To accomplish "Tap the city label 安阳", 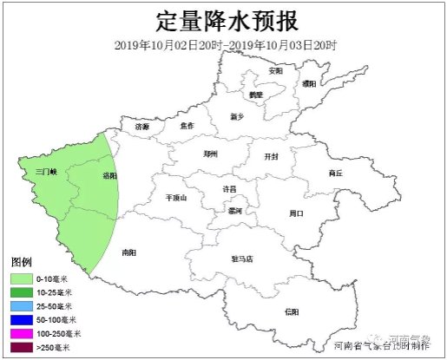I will [x=276, y=69].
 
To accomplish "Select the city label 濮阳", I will [x=309, y=83].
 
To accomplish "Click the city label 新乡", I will [x=238, y=115].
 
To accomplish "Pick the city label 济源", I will [x=142, y=127].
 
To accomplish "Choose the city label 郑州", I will [x=210, y=154].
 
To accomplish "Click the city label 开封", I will [x=272, y=156].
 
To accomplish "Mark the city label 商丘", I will [x=336, y=173].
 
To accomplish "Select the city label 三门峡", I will [x=45, y=172].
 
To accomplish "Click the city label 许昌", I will [x=229, y=188].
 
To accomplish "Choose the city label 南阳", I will [x=128, y=252].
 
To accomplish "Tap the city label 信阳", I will [x=292, y=310].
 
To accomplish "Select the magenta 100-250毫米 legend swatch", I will [x=22, y=333].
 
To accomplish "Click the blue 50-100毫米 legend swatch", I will [x=22, y=319].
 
